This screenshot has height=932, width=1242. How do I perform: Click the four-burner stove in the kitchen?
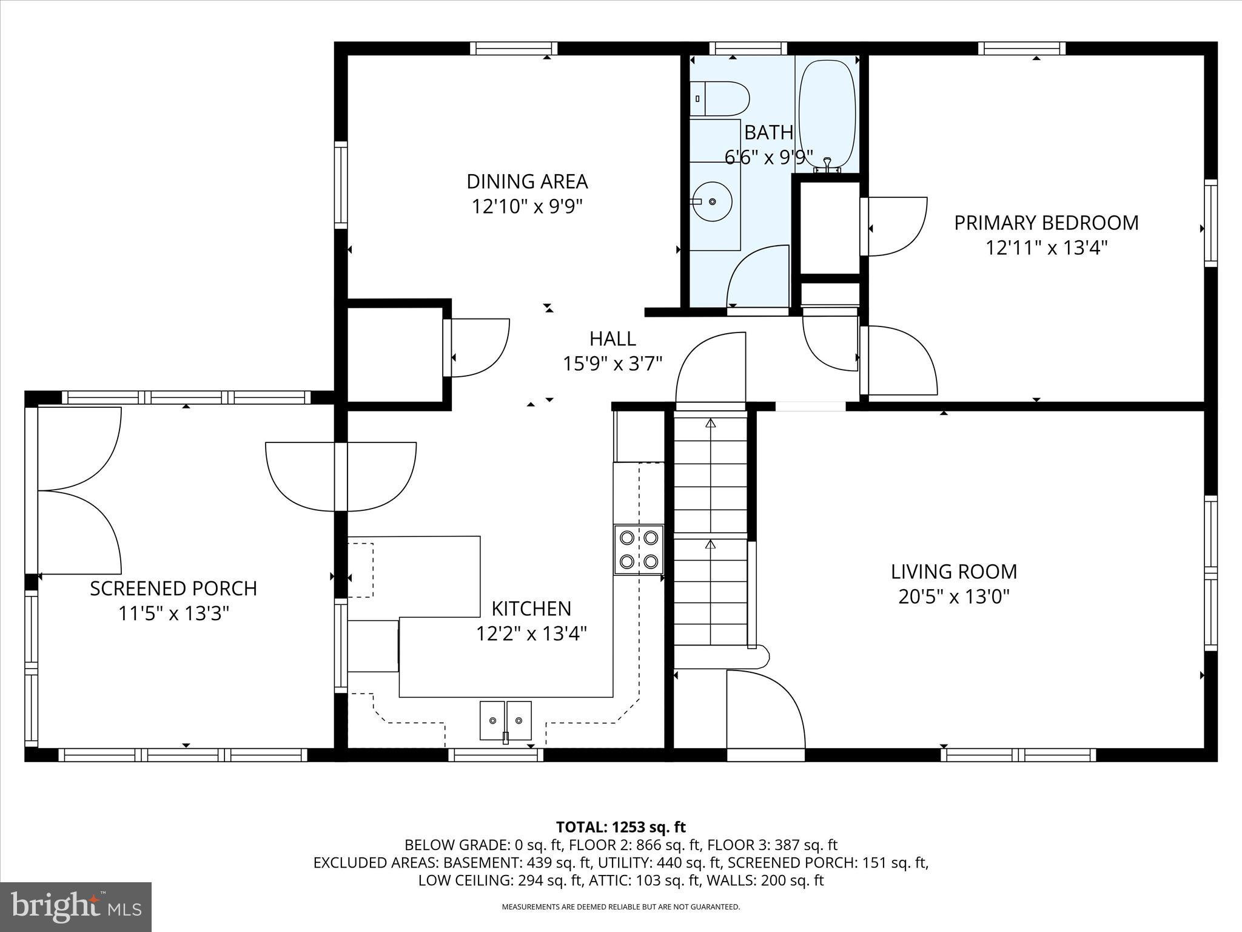639,550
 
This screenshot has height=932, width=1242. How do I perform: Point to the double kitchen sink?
505,721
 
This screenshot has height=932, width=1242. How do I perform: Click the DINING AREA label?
527,181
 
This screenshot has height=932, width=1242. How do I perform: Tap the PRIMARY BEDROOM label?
1046,223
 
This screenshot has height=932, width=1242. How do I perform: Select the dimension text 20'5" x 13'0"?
953,597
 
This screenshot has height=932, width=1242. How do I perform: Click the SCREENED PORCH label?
173,589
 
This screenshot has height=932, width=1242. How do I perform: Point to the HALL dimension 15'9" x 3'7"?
613,364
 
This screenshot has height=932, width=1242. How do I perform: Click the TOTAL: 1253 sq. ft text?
620,827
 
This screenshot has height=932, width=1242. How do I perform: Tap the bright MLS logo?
76,907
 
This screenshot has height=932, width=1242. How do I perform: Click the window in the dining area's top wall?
513,49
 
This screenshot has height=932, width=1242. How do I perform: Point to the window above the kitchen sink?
495,755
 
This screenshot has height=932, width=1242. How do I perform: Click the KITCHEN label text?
531,609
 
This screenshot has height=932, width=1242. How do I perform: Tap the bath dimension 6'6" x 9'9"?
768,158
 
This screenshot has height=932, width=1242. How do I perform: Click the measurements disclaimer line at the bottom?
620,907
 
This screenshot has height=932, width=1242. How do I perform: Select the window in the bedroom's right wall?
1210,223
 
